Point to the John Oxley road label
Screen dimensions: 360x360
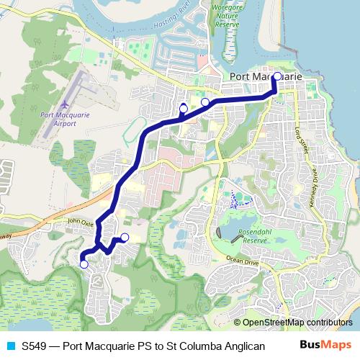click(x=79, y=222)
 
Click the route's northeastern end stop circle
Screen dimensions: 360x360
click(x=277, y=75)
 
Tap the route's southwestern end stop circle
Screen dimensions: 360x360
click(x=84, y=264)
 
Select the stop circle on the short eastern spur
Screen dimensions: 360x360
click(x=125, y=238)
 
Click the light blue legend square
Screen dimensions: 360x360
click(x=11, y=346)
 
